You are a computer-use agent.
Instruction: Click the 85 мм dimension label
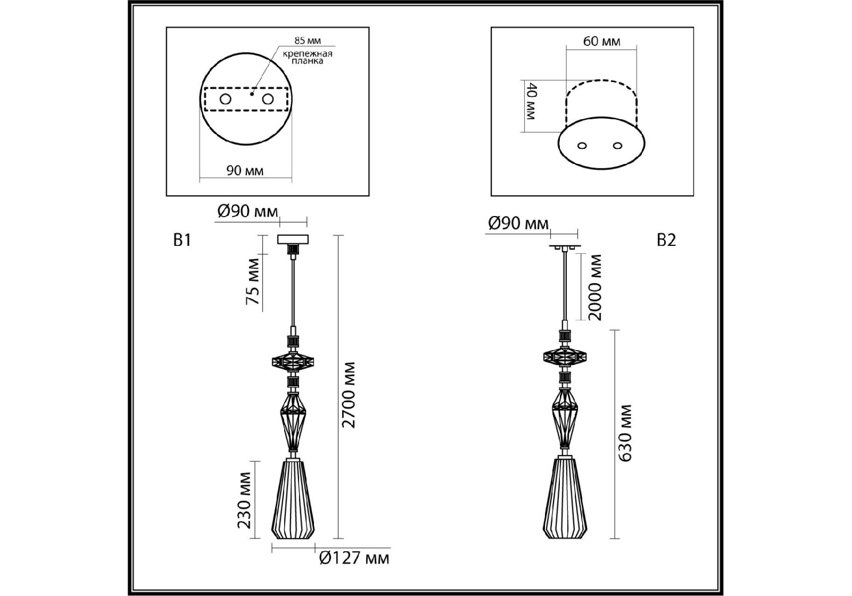308,41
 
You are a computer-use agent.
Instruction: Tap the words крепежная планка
308,57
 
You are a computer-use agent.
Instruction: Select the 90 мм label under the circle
245,171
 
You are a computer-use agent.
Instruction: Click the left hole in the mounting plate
226,99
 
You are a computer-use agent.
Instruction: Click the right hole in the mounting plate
268,99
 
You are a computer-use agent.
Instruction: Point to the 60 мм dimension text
602,41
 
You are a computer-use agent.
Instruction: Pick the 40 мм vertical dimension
531,102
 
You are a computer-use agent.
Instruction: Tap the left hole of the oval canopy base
582,146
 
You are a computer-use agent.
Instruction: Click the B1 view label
182,240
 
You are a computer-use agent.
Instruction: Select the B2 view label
666,240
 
